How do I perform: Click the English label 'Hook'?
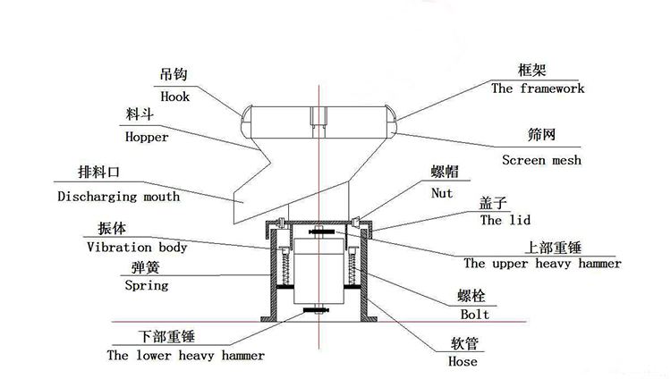point(175,97)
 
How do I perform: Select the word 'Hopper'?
point(147,138)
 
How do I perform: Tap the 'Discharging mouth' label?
point(118,196)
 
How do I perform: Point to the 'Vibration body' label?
point(137,247)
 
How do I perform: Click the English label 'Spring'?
point(146,286)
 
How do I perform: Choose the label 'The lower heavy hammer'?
point(185,355)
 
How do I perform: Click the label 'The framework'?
point(538,88)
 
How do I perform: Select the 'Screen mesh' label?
point(541,160)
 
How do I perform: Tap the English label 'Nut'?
point(442,192)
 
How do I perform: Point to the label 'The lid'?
point(504,219)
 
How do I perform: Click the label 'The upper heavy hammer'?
point(542,264)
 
